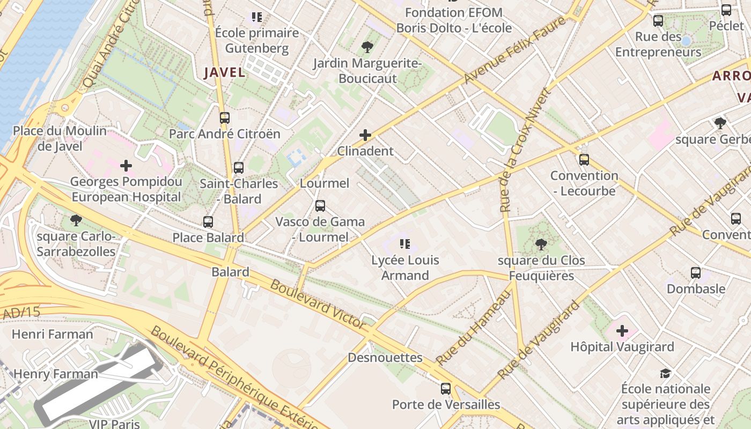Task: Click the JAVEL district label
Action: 224,72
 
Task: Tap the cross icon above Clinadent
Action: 365,135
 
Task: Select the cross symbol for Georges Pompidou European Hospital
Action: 126,166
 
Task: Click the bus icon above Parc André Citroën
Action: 224,118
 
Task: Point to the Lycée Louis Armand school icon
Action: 405,245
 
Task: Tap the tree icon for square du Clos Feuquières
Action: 541,245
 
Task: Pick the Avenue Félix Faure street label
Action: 515,50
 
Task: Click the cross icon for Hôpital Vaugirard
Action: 622,331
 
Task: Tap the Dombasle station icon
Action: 696,273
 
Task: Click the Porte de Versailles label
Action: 446,404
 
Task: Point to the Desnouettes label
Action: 385,358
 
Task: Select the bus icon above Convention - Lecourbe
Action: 584,160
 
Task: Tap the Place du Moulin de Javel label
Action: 60,138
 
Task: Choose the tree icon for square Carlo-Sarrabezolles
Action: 76,220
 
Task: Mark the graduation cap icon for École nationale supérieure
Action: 665,373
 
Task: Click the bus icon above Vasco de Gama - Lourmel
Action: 320,206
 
